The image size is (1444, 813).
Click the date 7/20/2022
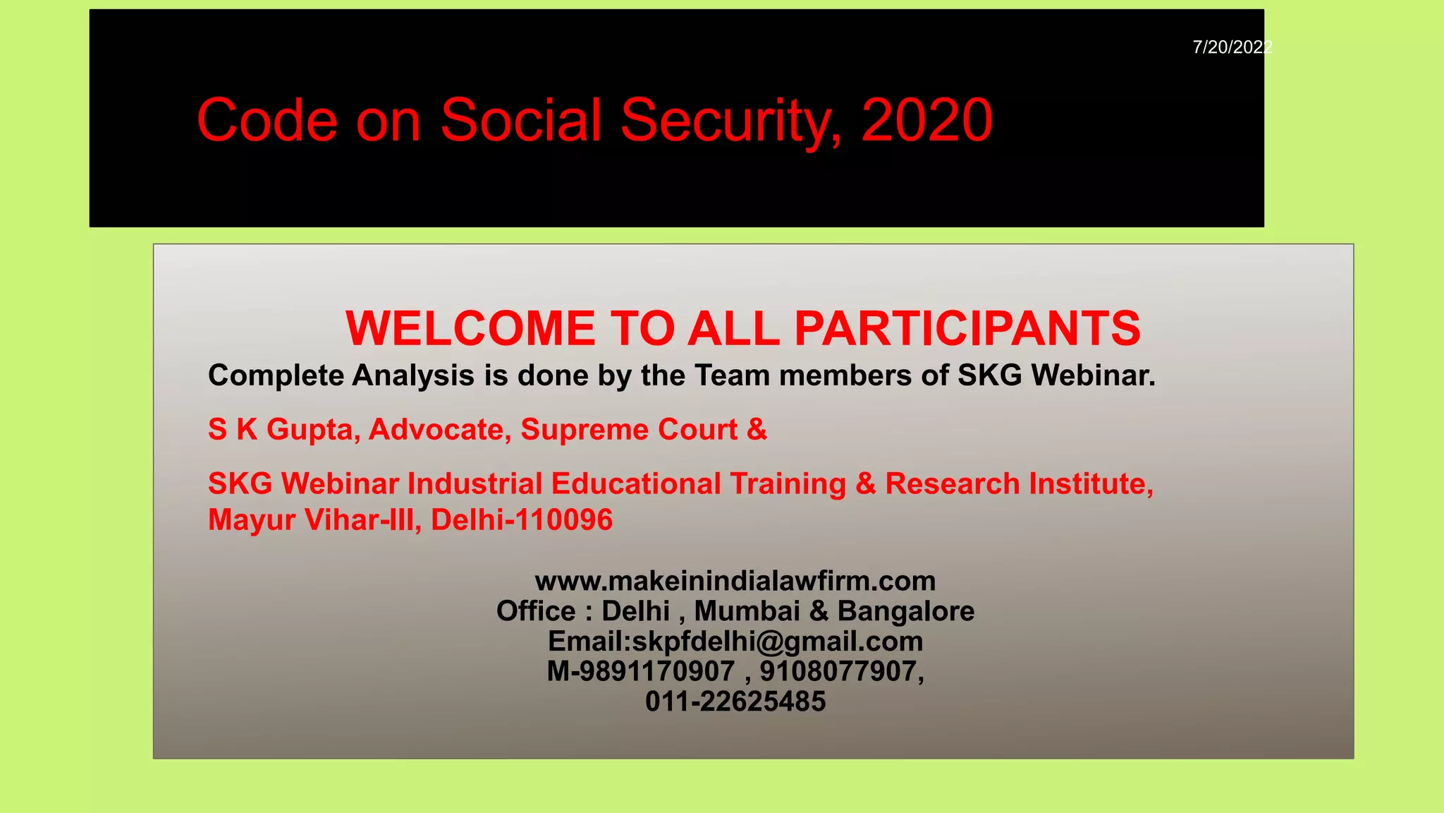1231,47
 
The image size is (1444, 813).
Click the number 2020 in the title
926,120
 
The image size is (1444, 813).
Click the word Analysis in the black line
413,375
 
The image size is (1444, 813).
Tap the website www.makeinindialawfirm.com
735,581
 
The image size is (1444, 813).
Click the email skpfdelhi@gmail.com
777,642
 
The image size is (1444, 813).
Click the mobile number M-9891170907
640,671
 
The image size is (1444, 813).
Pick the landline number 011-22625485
735,701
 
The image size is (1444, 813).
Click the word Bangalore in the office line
905,611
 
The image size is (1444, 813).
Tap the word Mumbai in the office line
747,611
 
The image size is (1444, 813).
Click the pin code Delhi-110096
522,520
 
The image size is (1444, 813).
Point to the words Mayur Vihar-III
310,520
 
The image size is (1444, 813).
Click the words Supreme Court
629,430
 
